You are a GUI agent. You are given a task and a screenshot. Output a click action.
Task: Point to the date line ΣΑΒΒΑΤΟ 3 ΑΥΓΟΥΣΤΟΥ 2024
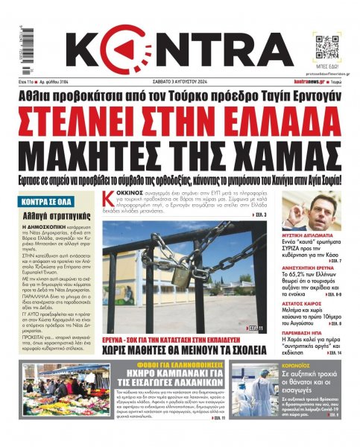(x=179, y=80)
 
